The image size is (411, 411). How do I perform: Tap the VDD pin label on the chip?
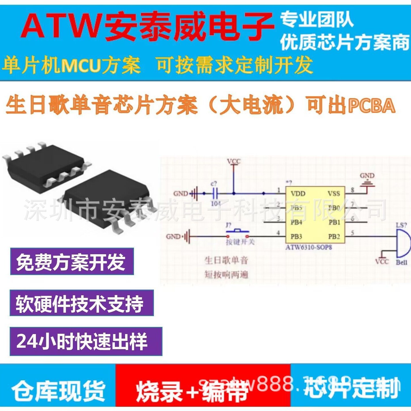298,194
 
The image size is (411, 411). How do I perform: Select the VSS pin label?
333,194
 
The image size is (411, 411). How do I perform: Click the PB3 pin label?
296,237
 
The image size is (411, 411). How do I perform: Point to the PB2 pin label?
334,237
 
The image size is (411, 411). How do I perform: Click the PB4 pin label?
296,222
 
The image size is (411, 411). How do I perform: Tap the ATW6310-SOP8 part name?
309,247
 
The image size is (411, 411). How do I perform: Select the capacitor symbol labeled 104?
214,194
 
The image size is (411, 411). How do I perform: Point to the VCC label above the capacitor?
234,162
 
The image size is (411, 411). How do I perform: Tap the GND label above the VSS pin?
367,176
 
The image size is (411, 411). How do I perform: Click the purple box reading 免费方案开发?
72,261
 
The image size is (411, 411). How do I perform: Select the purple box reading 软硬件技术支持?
82,303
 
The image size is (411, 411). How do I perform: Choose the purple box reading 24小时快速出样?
86,341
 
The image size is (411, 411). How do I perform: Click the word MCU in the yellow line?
81,65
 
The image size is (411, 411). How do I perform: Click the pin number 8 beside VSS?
353,190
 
